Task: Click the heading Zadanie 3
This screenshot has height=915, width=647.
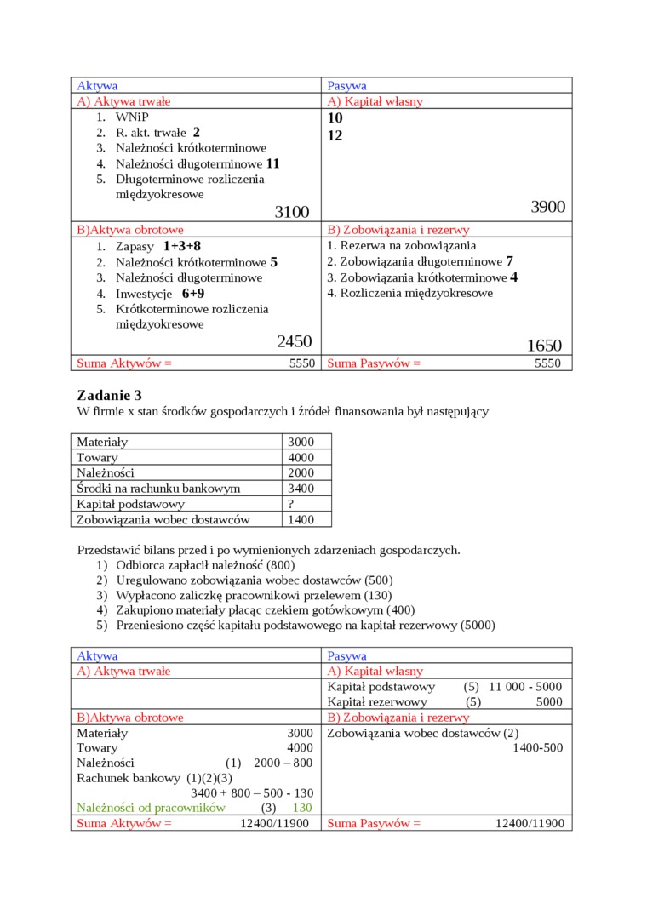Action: [x=109, y=395]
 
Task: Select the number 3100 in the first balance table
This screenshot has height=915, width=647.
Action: [x=292, y=212]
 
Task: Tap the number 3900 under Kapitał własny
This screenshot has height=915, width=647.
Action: [x=547, y=207]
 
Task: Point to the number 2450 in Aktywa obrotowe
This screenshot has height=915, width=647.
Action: [x=294, y=342]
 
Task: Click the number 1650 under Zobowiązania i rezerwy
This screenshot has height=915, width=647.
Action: [x=544, y=346]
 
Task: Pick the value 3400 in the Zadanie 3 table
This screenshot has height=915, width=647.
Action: [x=301, y=489]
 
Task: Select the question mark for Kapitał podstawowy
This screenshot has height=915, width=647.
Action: [x=291, y=504]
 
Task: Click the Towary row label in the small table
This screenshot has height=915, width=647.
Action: [x=97, y=458]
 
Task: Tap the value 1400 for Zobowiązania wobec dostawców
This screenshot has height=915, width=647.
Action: [x=301, y=519]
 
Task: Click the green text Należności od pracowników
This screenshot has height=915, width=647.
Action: [x=151, y=807]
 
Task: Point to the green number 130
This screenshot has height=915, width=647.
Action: [x=302, y=807]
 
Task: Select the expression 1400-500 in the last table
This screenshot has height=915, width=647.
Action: [x=537, y=747]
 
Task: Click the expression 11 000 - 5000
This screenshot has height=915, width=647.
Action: [x=525, y=686]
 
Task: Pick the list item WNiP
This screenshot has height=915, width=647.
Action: [x=132, y=117]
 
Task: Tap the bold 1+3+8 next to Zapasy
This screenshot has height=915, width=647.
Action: [x=181, y=246]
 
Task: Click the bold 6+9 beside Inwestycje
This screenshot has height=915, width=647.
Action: [x=193, y=294]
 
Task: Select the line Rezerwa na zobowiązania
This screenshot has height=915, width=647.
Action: [x=402, y=246]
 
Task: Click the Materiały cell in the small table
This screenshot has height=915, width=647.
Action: [x=102, y=443]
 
